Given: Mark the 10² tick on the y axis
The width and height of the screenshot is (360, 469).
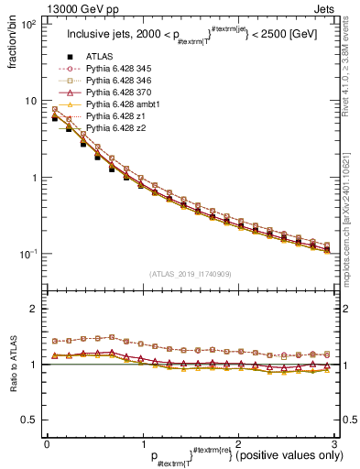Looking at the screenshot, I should [29, 23].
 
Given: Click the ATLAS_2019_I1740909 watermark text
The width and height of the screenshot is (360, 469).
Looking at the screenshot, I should [189, 274].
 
